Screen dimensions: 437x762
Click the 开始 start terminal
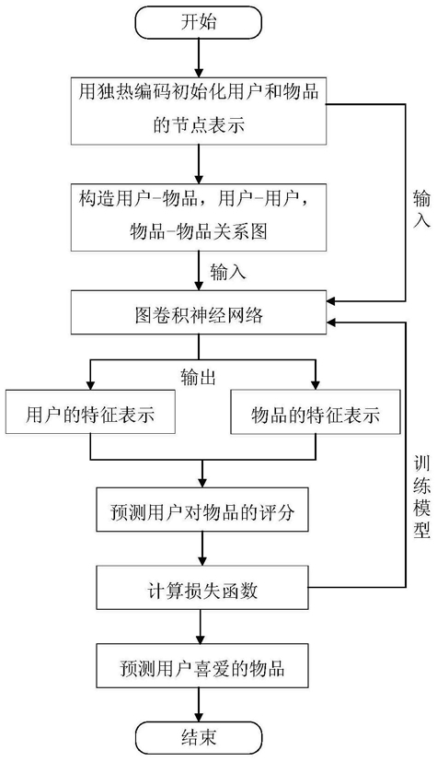pos(199,22)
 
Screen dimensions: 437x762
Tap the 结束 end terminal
pos(199,738)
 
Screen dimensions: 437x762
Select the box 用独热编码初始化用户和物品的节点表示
pos(199,111)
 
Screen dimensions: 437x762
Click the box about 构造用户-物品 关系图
pos(199,217)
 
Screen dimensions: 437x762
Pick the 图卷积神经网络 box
pos(199,312)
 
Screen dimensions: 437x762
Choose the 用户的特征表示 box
pos(90,412)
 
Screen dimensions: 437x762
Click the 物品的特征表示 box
pos(316,412)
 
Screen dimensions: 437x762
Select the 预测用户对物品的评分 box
pos(202,510)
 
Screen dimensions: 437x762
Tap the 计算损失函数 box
pos(202,587)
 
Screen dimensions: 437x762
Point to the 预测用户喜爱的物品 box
pos(202,665)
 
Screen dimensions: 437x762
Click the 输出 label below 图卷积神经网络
pos(199,377)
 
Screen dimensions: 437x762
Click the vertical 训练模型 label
pos(421,497)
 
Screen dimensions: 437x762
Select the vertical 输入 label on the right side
pos(421,209)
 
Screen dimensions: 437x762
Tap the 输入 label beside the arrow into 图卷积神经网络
pos(228,272)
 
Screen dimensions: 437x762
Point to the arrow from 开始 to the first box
pos(199,57)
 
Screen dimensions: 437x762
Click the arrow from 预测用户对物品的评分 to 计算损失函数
pos(202,548)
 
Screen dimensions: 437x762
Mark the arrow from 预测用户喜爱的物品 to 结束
pos(199,704)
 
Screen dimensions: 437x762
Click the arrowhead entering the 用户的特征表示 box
pos(90,385)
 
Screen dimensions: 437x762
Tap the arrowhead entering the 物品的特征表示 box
pos(316,385)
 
